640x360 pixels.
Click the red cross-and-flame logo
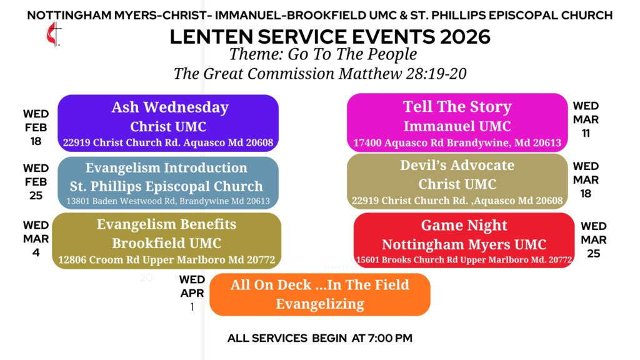pos(54,34)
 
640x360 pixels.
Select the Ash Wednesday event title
pos(170,107)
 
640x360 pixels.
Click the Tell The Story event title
pos(457,106)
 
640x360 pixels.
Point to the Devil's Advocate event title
pos(457,165)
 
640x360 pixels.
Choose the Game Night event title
pos(464,225)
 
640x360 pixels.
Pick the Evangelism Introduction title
pos(166,167)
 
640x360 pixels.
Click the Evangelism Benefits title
pos(166,224)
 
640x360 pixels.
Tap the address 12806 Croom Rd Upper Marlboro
pos(166,259)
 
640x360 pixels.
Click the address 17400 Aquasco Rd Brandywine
pos(457,143)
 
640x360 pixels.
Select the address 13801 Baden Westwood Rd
pos(167,201)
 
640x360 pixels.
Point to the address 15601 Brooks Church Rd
pos(464,259)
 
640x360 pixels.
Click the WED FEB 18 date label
pos(36,127)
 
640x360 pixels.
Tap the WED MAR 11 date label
pos(586,119)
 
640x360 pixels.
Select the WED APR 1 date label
pos(192,293)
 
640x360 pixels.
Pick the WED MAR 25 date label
pos(594,239)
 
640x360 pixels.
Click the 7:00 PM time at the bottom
pos(390,338)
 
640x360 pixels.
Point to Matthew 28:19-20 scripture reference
pos(402,74)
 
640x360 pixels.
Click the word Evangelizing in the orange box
pos(320,304)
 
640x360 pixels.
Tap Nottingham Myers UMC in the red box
pos(464,244)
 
